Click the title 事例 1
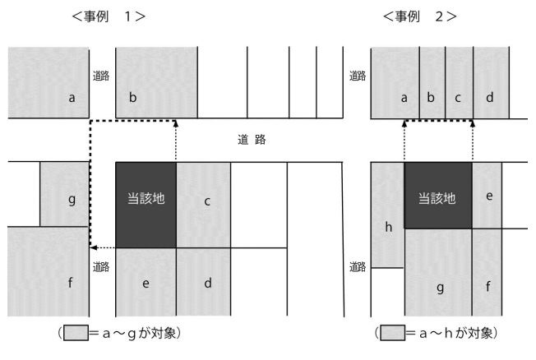pyautogui.click(x=109, y=16)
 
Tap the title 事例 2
pyautogui.click(x=420, y=16)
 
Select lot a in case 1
pyautogui.click(x=49, y=83)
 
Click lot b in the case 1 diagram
pyautogui.click(x=156, y=83)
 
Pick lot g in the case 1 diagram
pyautogui.click(x=64, y=194)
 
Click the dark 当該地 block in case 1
pyautogui.click(x=146, y=205)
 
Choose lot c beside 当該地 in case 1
pyautogui.click(x=203, y=205)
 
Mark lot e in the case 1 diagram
pyautogui.click(x=146, y=282)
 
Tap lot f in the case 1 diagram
pyautogui.click(x=49, y=271)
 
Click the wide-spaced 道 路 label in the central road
pyautogui.click(x=252, y=140)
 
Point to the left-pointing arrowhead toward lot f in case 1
pyautogui.click(x=93, y=247)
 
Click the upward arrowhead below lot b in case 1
pyautogui.click(x=176, y=123)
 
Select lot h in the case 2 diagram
pyautogui.click(x=387, y=215)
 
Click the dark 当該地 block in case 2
pyautogui.click(x=438, y=196)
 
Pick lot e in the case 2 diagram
pyautogui.click(x=487, y=196)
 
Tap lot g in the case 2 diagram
pyautogui.click(x=438, y=273)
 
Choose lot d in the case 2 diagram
pyautogui.click(x=492, y=83)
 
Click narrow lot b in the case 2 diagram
pyautogui.click(x=432, y=83)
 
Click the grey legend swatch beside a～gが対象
pyautogui.click(x=76, y=333)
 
